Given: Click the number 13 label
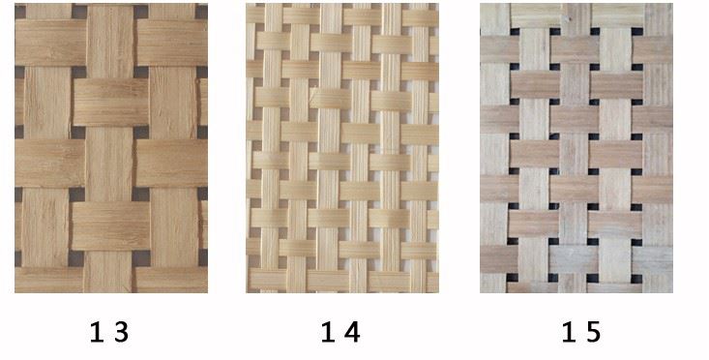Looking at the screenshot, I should coord(108,333).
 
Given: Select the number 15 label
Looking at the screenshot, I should coord(580,333).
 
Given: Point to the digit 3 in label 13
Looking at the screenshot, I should coord(120,333).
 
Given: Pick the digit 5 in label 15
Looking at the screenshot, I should coord(592,333).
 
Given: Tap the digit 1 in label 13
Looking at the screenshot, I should coord(97,333).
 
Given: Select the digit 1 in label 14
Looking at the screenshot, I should coord(328,333).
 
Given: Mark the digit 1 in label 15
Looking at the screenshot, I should coord(569,333).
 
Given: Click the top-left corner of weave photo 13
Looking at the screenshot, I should coord(15,4).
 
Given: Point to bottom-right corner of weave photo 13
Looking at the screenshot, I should coord(207,292).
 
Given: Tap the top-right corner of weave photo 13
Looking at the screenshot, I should coord(207,4).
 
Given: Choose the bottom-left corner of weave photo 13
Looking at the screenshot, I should coord(15,292).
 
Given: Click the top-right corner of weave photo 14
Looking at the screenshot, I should coord(438,4).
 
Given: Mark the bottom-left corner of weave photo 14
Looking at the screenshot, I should coord(247,292).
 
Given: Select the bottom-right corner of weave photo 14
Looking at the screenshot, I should coord(438,292).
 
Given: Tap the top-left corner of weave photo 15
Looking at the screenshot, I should coord(481,4).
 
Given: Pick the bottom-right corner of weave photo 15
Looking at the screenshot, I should coord(672,292).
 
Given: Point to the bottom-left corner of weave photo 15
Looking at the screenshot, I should coord(481,292).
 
